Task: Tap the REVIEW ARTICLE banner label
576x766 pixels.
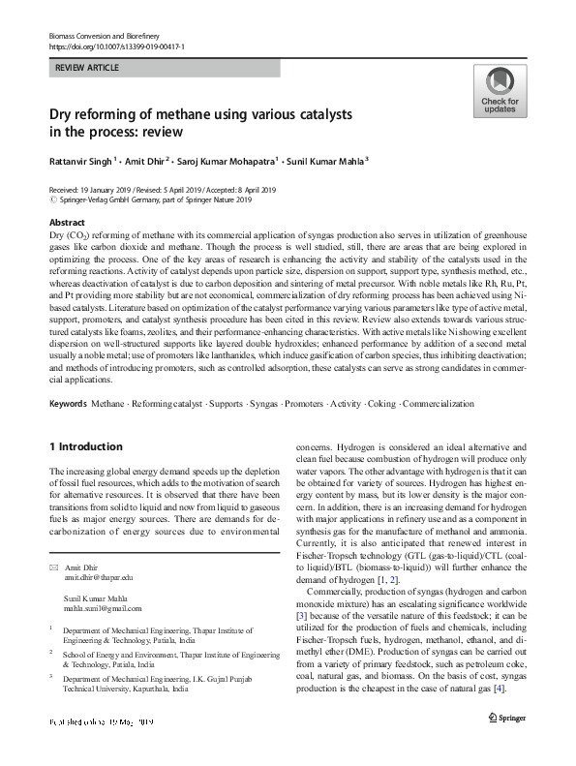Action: click(89, 68)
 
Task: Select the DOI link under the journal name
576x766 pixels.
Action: click(116, 46)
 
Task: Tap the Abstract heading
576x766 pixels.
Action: click(68, 223)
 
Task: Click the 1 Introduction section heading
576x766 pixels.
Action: click(86, 446)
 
